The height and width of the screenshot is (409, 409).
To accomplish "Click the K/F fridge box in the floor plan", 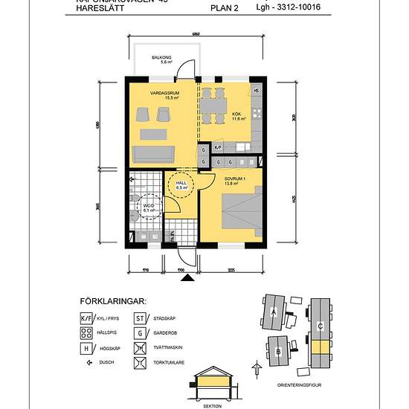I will [218, 148].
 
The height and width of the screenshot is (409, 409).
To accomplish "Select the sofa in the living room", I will [152, 154].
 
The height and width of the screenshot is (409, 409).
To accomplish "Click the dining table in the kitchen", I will [213, 107].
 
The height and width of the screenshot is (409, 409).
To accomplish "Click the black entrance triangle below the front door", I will [188, 278].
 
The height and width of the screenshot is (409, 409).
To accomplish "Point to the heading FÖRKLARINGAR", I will [112, 302].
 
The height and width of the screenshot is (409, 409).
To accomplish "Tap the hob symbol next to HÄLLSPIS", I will [85, 333].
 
